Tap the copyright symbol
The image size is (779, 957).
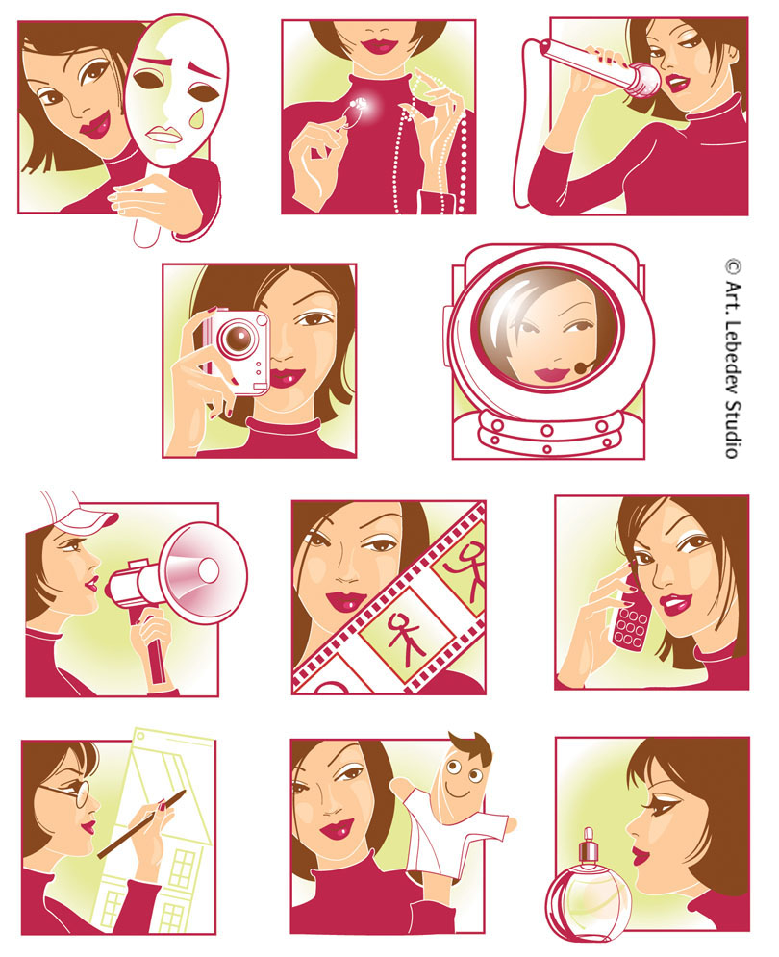click(733, 267)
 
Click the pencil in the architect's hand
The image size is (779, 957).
click(141, 824)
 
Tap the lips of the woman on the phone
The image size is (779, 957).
click(674, 604)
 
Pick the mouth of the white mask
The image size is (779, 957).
click(164, 135)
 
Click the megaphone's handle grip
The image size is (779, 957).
click(155, 649)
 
